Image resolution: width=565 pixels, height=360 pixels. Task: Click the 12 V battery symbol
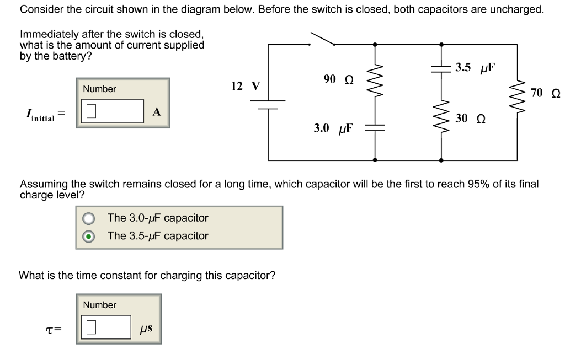268,105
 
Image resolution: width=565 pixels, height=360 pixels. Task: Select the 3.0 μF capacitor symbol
375,127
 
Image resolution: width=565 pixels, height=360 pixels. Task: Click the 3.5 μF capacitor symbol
441,68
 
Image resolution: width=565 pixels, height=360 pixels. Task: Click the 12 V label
245,86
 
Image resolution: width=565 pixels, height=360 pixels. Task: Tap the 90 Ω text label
338,79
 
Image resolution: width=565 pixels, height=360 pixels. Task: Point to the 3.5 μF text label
475,68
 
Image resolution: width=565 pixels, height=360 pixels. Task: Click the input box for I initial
113,111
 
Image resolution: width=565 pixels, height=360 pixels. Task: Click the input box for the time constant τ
106,327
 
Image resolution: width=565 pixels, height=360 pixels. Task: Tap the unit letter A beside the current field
157,112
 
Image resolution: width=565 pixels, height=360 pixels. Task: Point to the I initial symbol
40,115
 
